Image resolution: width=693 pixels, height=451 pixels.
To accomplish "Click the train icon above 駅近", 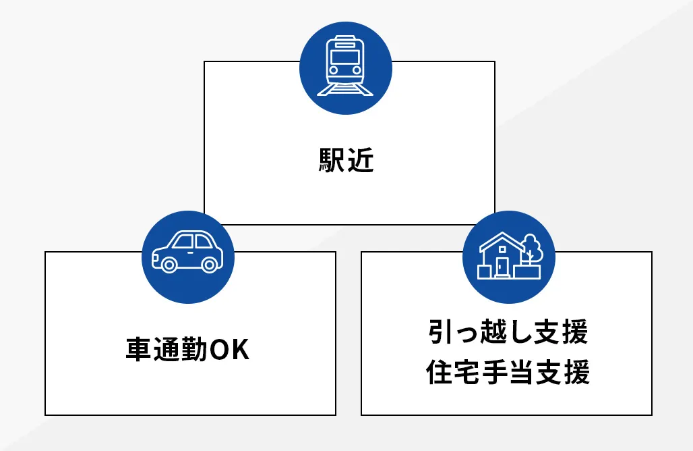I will click(345, 65).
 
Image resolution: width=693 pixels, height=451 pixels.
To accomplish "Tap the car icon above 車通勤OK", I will click(187, 253).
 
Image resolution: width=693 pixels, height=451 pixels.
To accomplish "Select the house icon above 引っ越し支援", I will click(508, 256).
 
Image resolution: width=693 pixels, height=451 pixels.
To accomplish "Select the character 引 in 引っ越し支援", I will click(439, 332).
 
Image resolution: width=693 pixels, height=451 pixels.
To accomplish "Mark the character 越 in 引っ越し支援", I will click(493, 332).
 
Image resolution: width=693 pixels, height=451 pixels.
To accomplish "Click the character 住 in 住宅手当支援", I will click(439, 372).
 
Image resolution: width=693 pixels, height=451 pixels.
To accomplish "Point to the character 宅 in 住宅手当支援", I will click(466, 372).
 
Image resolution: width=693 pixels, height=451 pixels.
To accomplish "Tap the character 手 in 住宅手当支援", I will click(493, 372).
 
